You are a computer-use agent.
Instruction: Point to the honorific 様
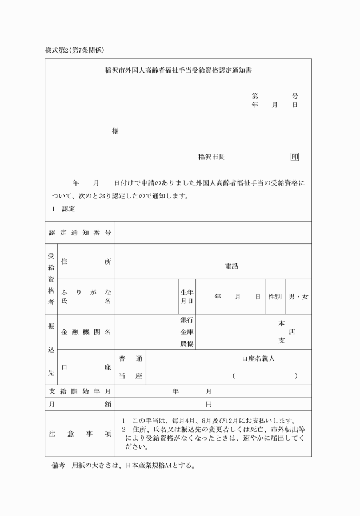click(115, 131)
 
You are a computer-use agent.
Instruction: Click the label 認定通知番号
click(79, 233)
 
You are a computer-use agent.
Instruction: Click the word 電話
click(231, 266)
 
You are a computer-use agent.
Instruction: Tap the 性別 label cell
click(275, 297)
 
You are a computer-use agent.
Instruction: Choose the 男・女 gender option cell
click(298, 297)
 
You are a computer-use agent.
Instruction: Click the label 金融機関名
click(86, 331)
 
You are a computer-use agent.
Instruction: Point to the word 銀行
click(187, 320)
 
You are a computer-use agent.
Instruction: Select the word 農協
click(187, 343)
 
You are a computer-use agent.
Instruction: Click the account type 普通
click(130, 358)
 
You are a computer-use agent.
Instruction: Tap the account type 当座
click(130, 375)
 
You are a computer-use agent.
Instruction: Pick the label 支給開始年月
click(79, 391)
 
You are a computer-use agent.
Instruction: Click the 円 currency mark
click(209, 404)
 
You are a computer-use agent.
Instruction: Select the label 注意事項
click(79, 434)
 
